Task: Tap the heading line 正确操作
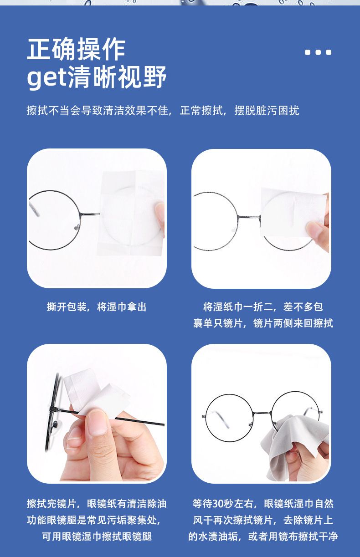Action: pos(76,49)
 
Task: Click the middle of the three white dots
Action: pos(318,52)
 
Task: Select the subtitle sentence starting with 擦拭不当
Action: pos(163,110)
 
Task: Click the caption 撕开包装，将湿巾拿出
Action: pos(97,307)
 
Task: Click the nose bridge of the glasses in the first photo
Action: pos(90,214)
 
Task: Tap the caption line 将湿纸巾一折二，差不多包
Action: pos(263,307)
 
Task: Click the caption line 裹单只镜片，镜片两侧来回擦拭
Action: pos(263,323)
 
